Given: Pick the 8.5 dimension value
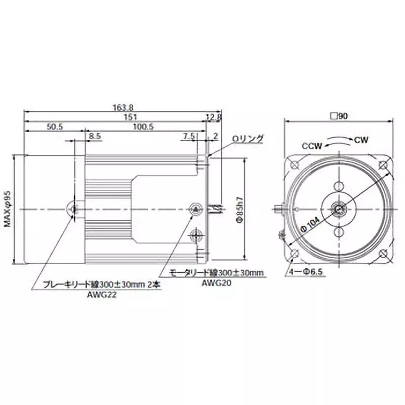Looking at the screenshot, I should [94, 136].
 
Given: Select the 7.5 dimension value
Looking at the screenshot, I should [189, 136].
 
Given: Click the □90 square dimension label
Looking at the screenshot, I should [338, 116].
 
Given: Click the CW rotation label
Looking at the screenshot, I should [361, 139].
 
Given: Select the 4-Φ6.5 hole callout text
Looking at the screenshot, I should [306, 272].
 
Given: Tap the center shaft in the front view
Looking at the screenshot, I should [338, 208].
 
